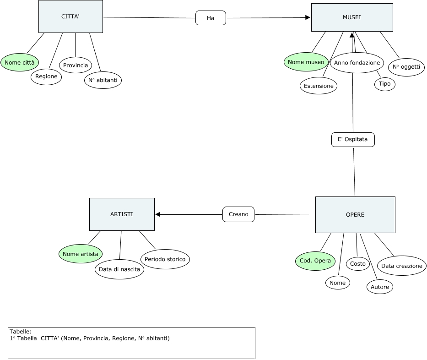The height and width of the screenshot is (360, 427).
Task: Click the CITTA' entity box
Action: (70, 16)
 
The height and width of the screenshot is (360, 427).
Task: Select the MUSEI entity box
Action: (351, 17)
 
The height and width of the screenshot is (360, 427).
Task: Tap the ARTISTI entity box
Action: (122, 214)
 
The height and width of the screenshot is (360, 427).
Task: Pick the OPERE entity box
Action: (355, 215)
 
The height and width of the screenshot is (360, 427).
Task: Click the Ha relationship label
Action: (211, 18)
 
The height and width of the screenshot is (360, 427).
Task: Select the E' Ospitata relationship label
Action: (353, 140)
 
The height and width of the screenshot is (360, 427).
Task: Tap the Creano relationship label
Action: (238, 214)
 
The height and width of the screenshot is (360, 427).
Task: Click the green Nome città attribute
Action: (20, 62)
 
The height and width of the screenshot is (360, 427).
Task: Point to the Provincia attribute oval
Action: (76, 65)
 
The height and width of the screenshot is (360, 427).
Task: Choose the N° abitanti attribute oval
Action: (103, 80)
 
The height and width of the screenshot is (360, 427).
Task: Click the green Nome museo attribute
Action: (306, 62)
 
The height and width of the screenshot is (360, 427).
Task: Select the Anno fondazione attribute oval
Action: (357, 63)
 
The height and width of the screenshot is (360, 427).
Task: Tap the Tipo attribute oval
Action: (384, 84)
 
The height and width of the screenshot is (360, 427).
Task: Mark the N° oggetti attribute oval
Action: (406, 67)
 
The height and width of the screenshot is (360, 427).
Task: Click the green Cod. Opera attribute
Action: (315, 261)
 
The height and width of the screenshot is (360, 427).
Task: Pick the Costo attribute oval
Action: (358, 263)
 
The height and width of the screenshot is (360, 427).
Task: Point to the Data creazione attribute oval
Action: (402, 266)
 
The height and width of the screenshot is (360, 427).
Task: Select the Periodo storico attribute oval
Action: (165, 259)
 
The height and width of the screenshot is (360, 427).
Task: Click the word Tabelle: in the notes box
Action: (21, 332)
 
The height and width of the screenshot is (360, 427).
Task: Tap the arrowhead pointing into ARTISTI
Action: (158, 214)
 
